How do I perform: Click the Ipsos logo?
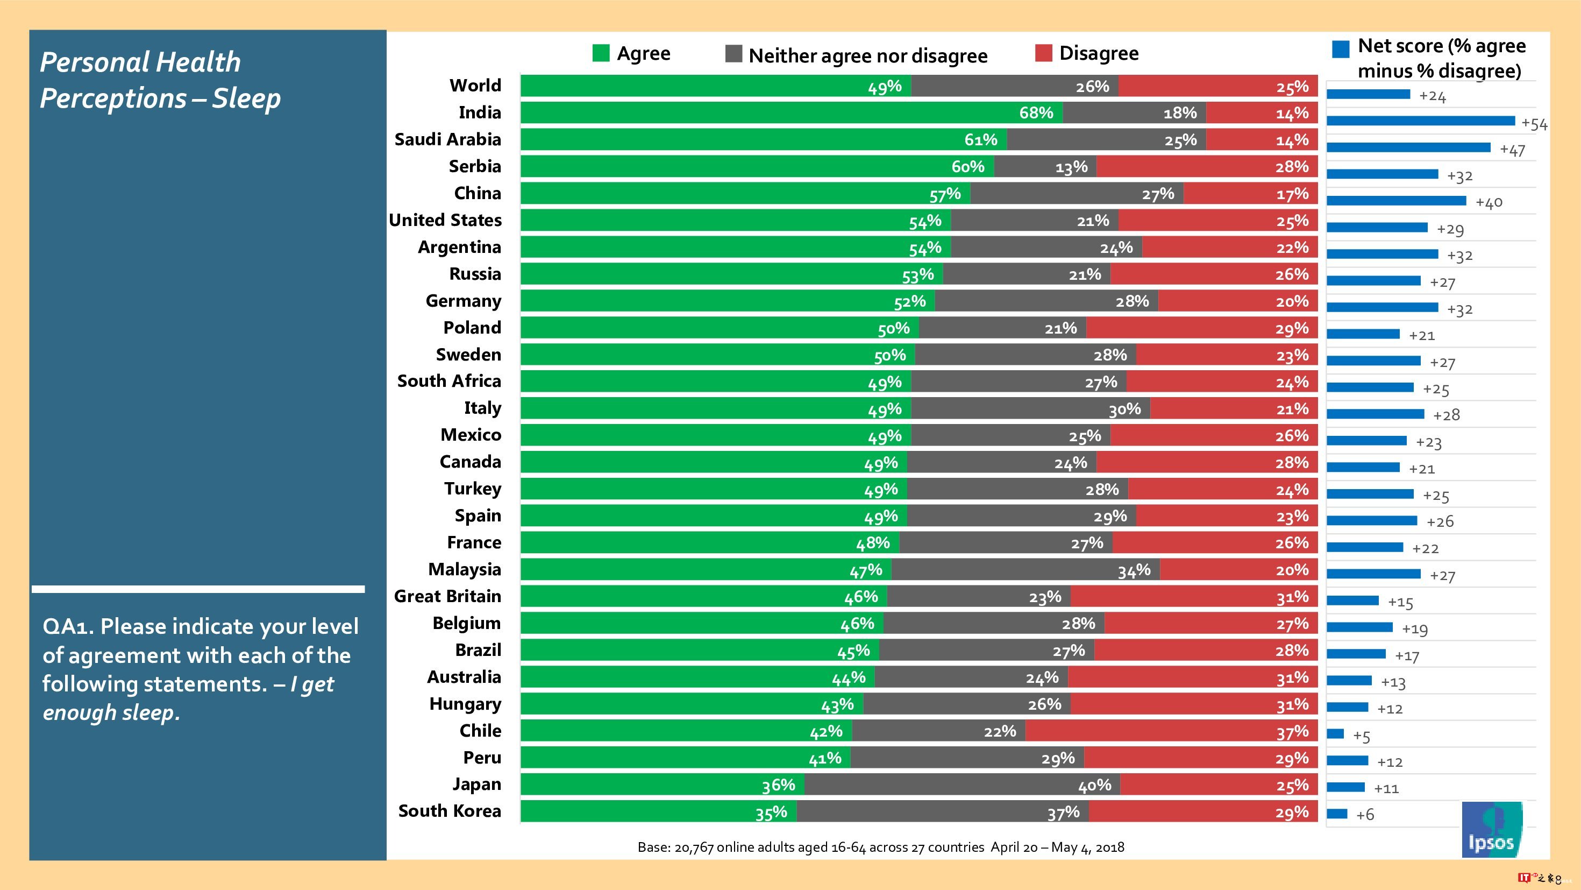coord(1491,829)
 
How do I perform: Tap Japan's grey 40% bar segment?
coord(962,785)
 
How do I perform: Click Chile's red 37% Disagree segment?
coord(1171,731)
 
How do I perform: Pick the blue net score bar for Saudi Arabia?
coord(1408,147)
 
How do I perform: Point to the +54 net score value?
coord(1534,124)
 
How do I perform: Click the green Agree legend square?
coord(601,53)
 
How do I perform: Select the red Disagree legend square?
coord(1043,53)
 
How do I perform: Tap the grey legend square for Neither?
coord(733,54)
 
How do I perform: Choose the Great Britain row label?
coord(447,596)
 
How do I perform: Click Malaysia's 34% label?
coord(1134,570)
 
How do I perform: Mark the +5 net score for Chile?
coord(1361,736)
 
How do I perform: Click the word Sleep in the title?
coord(246,98)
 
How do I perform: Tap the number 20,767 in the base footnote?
coord(694,847)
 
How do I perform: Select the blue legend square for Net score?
coord(1341,49)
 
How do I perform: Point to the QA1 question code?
coord(67,626)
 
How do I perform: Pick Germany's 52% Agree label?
coord(909,301)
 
